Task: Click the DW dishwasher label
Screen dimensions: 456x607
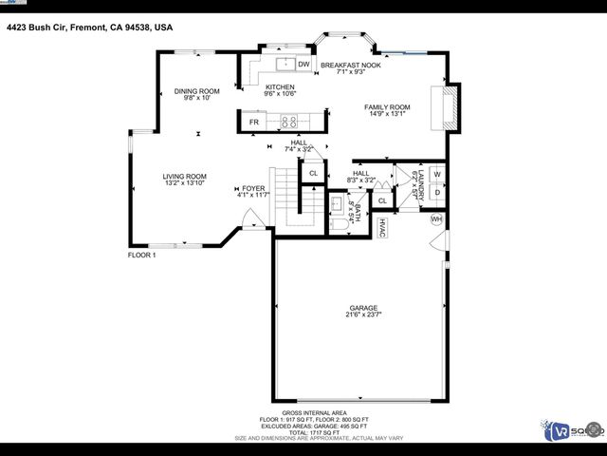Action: (x=303, y=65)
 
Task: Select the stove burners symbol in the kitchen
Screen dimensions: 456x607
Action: (x=290, y=122)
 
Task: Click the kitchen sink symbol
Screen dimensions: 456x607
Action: (x=285, y=65)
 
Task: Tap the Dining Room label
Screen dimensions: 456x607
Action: (x=197, y=91)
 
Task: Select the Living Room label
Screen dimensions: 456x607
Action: (x=184, y=177)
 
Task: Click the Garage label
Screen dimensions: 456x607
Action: (x=362, y=308)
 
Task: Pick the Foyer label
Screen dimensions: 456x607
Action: (x=253, y=188)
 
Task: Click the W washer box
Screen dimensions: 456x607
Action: (x=437, y=175)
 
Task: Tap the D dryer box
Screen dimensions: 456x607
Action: (x=437, y=193)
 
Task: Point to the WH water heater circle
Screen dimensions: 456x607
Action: (x=437, y=219)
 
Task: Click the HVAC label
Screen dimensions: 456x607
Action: (x=381, y=228)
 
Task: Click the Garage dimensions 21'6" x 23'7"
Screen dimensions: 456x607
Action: (x=362, y=315)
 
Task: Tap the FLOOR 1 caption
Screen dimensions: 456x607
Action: (x=142, y=256)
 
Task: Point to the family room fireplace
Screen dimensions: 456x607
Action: (x=447, y=107)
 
